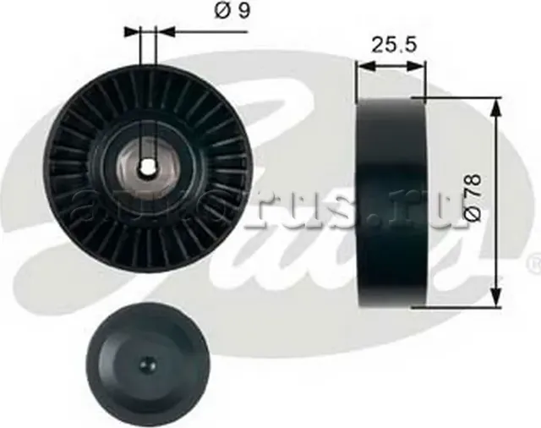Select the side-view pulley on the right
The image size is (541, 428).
tap(391, 204)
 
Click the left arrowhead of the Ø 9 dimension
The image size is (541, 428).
tap(135, 31)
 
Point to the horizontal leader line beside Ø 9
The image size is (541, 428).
tap(203, 31)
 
